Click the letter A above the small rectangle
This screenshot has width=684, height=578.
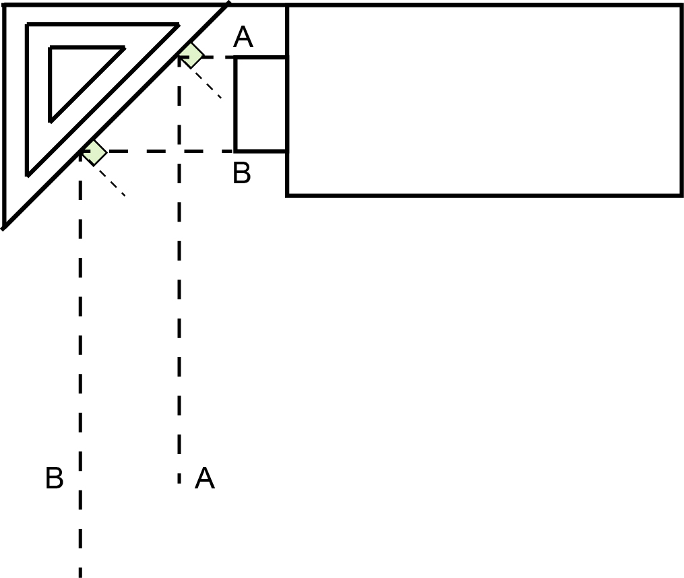click(243, 36)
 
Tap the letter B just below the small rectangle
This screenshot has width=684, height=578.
click(242, 172)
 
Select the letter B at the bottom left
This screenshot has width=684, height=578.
click(55, 478)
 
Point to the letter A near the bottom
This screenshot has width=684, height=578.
click(205, 478)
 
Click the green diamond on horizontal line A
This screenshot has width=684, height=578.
click(191, 55)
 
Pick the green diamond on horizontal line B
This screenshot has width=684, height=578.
click(94, 153)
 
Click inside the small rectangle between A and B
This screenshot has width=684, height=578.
click(261, 104)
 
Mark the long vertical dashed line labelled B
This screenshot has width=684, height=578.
click(80, 364)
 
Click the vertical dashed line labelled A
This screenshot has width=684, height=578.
click(179, 270)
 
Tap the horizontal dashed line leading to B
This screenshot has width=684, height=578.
click(157, 152)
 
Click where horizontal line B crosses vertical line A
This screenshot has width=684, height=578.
click(179, 152)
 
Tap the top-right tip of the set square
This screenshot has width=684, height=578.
click(228, 4)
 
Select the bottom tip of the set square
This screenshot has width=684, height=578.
click(3, 228)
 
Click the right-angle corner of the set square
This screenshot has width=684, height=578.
click(3, 5)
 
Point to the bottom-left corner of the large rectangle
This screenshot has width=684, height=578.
click(287, 195)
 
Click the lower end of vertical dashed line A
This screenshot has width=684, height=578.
click(179, 483)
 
